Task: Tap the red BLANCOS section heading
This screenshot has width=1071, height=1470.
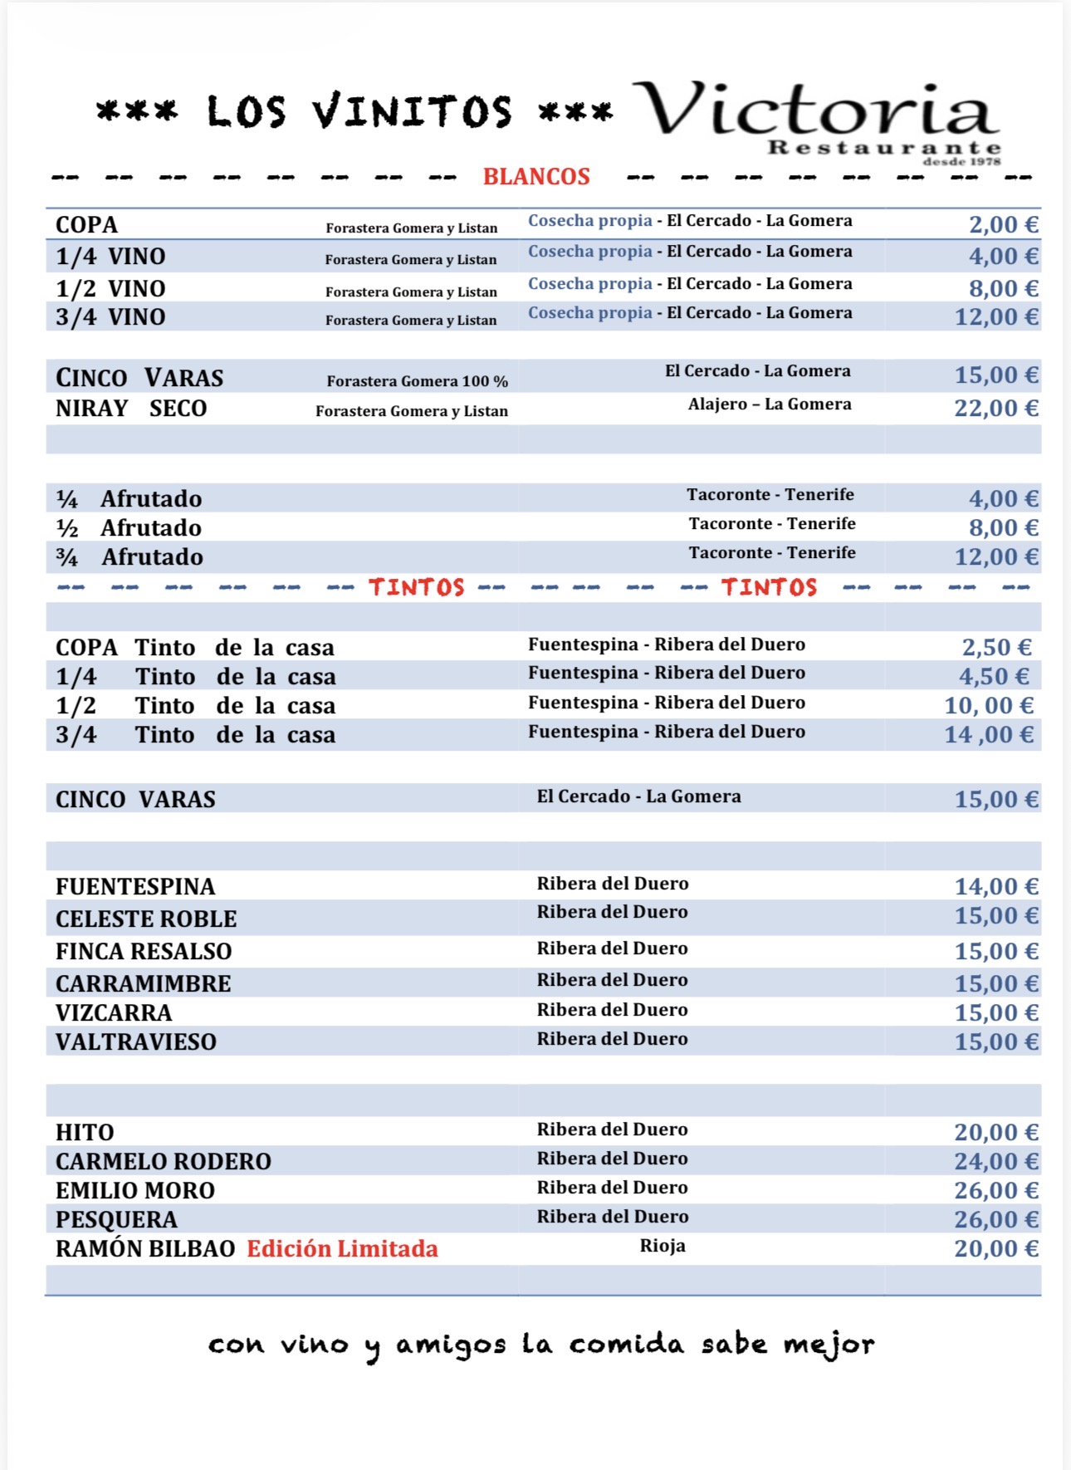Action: pos(536,176)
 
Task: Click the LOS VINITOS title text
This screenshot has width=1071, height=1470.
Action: pos(359,112)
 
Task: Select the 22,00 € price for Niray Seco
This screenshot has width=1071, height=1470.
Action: pos(995,408)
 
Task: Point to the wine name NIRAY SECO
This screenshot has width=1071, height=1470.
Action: pos(131,409)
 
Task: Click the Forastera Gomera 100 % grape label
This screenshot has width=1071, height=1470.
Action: pos(417,381)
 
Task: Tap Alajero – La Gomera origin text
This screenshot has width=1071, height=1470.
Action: pos(770,404)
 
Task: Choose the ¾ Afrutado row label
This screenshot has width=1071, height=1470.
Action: pos(130,557)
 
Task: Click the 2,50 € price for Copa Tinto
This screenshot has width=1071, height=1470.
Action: pos(996,648)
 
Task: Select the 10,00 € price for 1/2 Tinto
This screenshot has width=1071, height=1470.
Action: pos(988,706)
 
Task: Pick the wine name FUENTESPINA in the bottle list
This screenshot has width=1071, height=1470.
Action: pos(135,887)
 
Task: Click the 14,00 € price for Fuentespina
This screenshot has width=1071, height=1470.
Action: pos(995,887)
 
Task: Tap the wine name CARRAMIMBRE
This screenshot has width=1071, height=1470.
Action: pos(144,984)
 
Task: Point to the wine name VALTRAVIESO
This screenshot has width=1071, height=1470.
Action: pos(136,1042)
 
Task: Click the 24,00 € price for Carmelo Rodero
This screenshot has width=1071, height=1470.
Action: pos(995,1162)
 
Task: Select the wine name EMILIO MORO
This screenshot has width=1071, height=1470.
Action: pos(135,1191)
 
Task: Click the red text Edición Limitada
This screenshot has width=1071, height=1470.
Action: pos(342,1249)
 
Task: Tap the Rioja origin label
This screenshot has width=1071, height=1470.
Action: pos(663,1246)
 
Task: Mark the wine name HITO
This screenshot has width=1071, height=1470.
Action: pos(85,1133)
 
